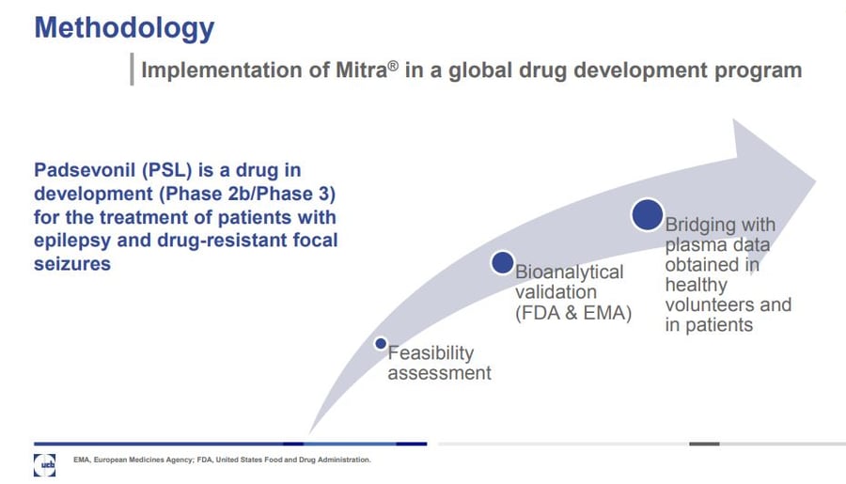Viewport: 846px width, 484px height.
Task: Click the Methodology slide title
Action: point(124,28)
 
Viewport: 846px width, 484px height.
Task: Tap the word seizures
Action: point(72,263)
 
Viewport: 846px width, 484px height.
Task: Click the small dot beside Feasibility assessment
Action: point(381,344)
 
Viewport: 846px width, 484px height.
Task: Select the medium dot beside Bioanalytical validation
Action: point(502,263)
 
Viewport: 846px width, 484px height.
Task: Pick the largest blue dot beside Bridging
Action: point(647,215)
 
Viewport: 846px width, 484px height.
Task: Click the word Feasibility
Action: point(431,353)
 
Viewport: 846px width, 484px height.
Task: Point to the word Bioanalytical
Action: point(569,272)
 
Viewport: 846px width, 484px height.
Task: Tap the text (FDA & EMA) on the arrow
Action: point(572,313)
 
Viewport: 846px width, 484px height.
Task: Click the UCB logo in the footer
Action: point(45,461)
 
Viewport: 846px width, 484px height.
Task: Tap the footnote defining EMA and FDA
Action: point(222,461)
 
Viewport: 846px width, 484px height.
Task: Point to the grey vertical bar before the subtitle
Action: point(132,70)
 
